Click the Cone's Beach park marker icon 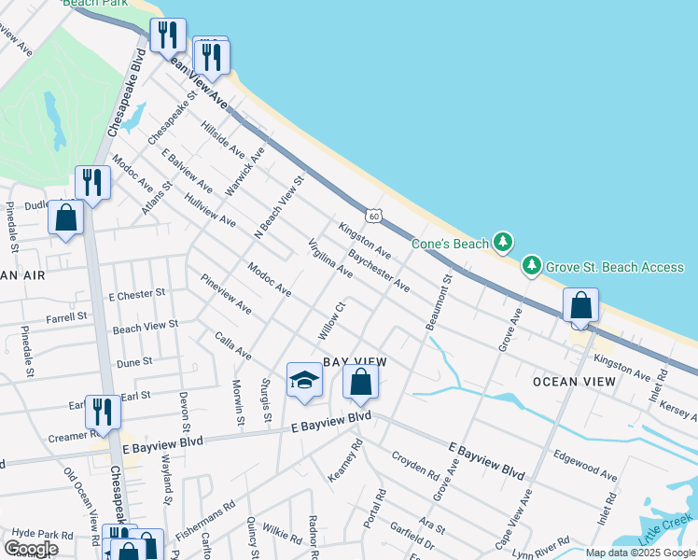click(503, 244)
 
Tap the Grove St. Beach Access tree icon click(532, 267)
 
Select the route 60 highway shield click(373, 217)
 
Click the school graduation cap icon click(303, 379)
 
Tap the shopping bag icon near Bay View click(360, 381)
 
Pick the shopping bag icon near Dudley click(65, 217)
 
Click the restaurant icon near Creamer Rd click(103, 412)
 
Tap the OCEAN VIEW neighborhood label click(574, 382)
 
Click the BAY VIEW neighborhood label click(355, 361)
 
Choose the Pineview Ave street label click(225, 293)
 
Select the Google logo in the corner click(31, 549)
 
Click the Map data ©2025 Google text click(641, 553)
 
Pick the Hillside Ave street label click(223, 140)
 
